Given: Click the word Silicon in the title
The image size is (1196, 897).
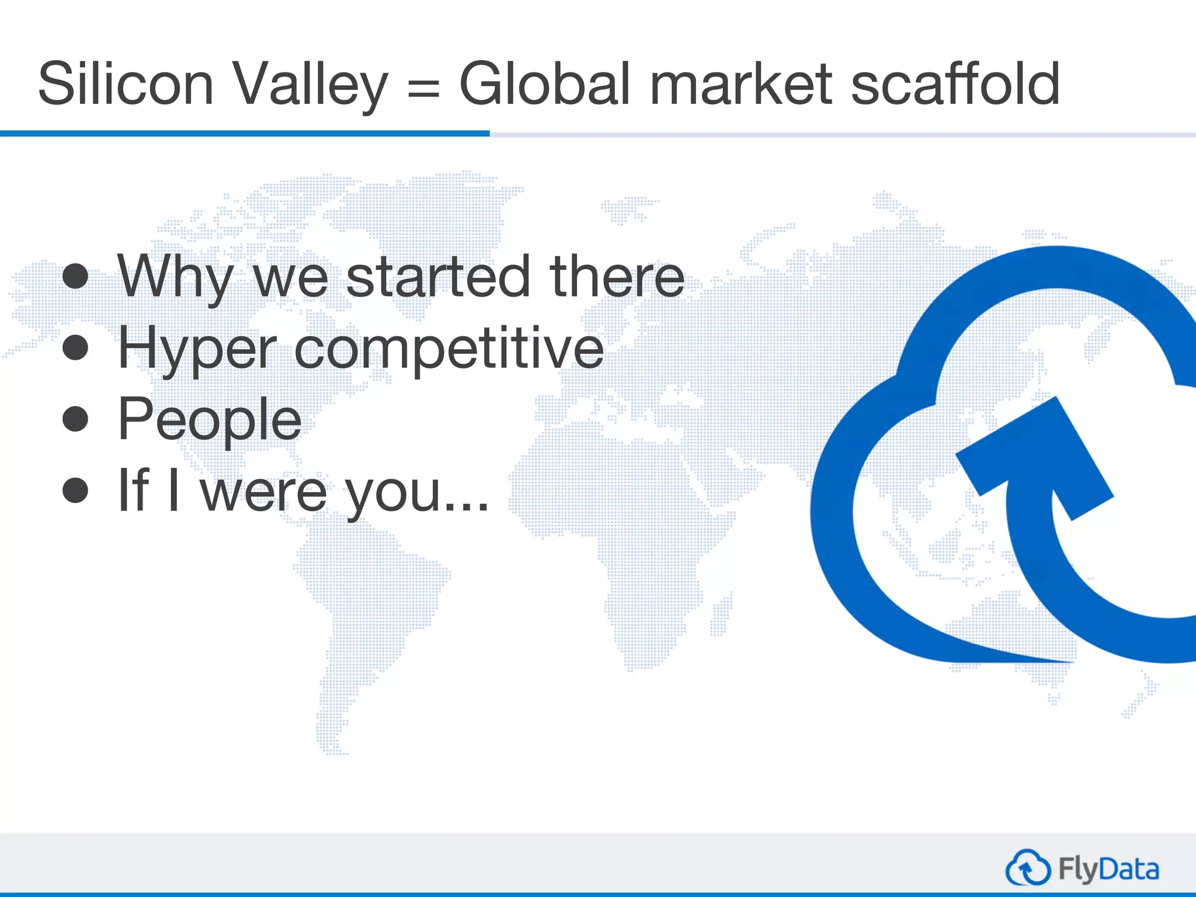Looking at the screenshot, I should tap(126, 85).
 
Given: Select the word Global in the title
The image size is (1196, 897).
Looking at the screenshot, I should tap(547, 85).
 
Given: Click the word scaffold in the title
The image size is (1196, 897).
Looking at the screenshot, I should tap(955, 85).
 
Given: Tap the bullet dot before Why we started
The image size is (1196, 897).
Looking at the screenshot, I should tap(75, 276).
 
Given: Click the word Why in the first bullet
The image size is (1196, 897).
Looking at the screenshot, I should tap(175, 277).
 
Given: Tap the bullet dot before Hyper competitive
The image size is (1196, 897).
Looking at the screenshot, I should tap(75, 348).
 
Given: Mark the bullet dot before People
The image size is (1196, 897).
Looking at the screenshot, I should tap(75, 419).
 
